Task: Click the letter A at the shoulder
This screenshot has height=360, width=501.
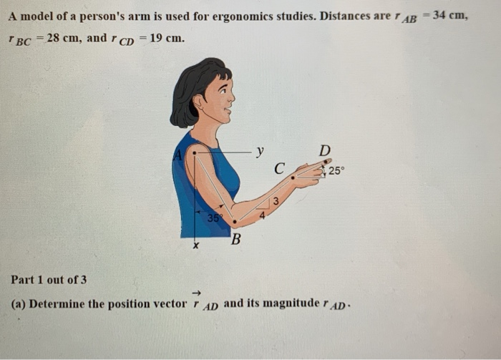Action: pos(177,154)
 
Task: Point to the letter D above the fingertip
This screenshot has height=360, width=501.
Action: pos(324,151)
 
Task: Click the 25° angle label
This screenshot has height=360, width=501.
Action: pos(336,171)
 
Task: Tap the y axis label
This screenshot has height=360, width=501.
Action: pos(260,151)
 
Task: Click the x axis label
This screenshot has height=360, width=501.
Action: pos(195,246)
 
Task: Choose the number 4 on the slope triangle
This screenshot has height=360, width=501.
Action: pos(262,213)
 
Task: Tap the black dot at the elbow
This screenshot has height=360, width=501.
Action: pos(234,223)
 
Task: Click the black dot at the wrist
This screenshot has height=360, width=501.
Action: pos(293,177)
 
